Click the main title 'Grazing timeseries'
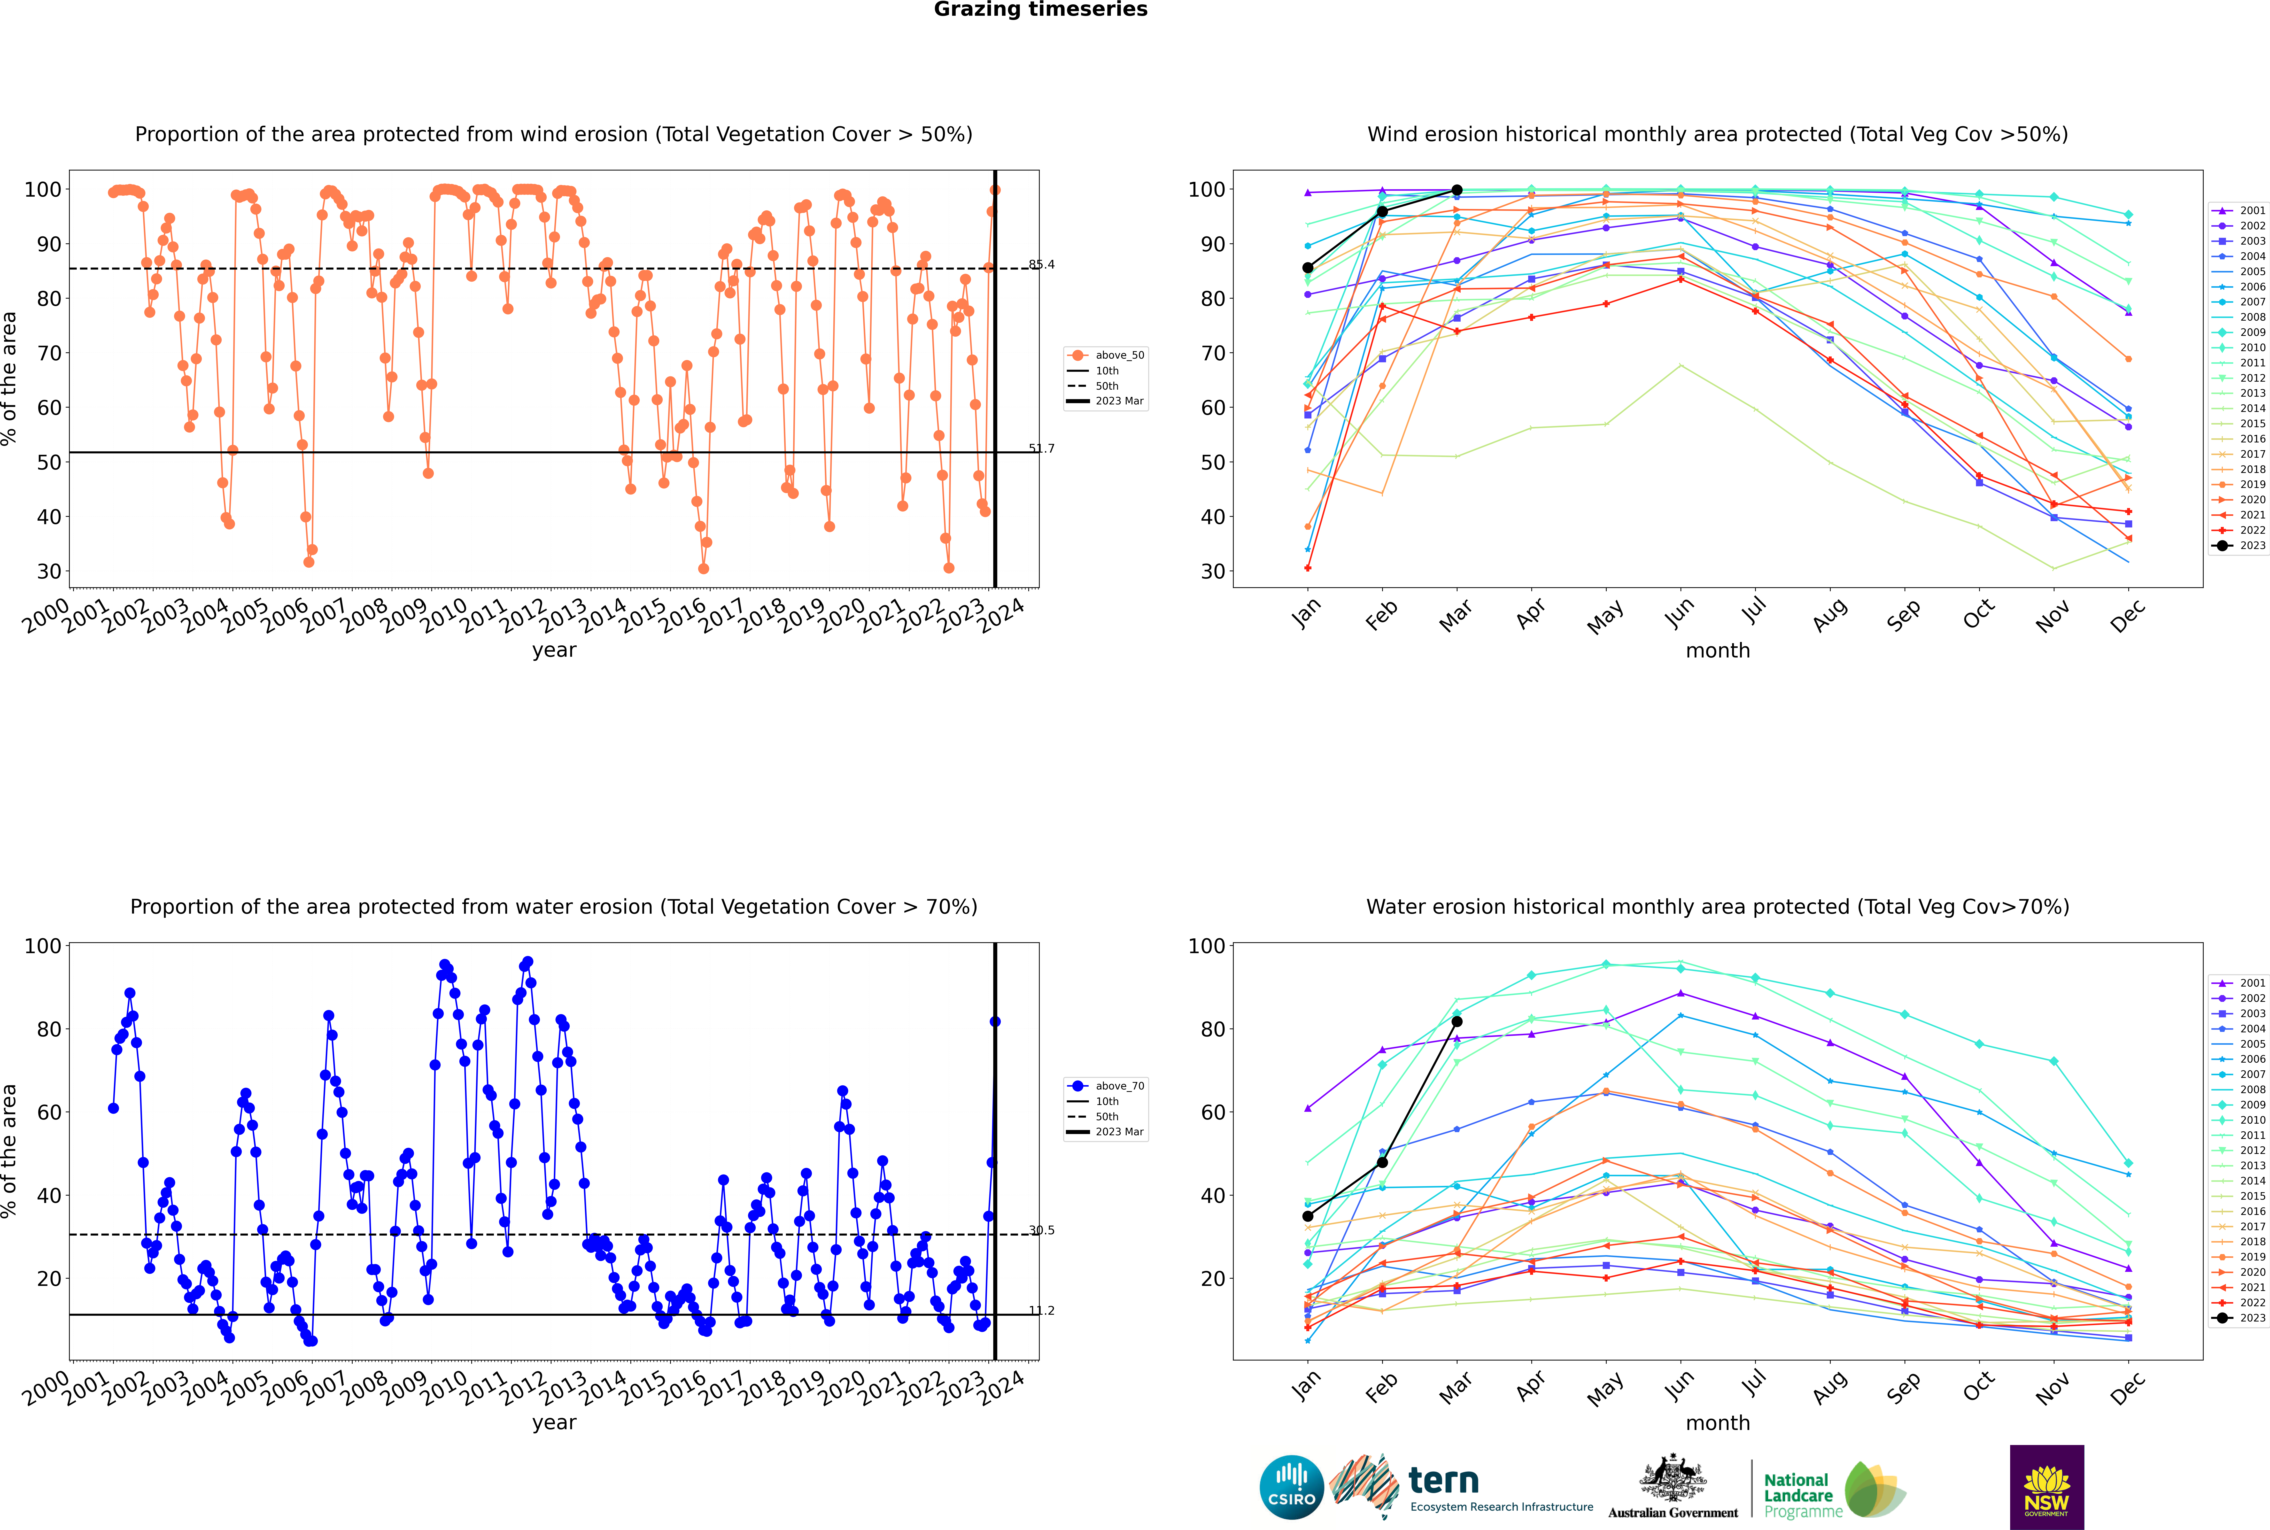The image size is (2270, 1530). tap(1040, 10)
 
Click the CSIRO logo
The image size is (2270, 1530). tap(1291, 1487)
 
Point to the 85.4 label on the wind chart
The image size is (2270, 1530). tap(1041, 264)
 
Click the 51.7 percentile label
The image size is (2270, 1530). tap(1041, 449)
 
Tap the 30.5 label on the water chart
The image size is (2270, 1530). tap(1041, 1230)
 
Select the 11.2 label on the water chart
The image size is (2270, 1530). tap(1041, 1310)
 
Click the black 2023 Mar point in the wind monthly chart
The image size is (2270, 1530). tap(1457, 190)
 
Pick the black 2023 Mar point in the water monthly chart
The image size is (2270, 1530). tap(1457, 1022)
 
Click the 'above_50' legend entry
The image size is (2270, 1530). tap(1106, 355)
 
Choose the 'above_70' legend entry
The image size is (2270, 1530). tap(1106, 1086)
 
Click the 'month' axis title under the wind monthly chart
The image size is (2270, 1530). tap(1718, 651)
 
